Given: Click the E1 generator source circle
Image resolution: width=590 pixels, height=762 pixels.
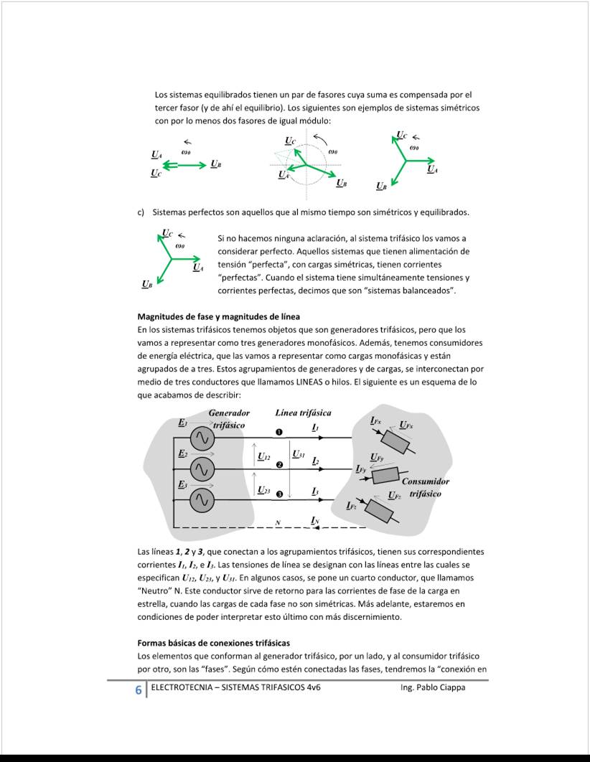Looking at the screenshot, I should coord(202,438).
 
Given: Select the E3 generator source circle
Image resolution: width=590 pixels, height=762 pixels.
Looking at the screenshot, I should coord(202,500).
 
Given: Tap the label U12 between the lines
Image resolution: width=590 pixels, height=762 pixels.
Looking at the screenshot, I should coord(263,456).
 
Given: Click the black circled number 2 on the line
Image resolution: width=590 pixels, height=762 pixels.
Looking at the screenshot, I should coord(279,465).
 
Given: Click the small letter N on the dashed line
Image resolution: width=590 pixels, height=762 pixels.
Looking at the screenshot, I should coord(278,523).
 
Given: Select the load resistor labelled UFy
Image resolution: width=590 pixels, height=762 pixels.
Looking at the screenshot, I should coord(385,474).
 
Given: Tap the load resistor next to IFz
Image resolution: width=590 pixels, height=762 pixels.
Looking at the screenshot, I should coord(378,510).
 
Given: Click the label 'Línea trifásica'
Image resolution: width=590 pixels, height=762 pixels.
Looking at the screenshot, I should coord(303,413).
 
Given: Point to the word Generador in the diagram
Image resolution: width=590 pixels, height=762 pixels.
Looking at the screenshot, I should coord(229,413).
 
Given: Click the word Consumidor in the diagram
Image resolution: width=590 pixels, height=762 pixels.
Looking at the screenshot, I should coord(425,481).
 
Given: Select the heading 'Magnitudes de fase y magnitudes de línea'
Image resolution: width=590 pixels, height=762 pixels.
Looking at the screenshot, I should coord(218,316).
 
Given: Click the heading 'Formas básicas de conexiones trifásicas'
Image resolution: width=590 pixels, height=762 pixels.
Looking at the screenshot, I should coord(213,643).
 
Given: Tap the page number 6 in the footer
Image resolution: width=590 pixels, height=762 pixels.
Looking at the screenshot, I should coord(138,690).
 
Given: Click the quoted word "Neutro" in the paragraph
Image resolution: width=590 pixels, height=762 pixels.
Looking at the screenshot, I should coord(155,591).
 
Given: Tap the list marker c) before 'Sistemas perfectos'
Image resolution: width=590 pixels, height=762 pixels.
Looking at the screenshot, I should coord(141,212).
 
